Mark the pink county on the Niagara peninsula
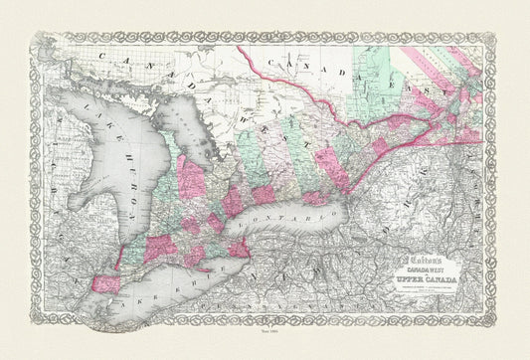pyautogui.click(x=240, y=246)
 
